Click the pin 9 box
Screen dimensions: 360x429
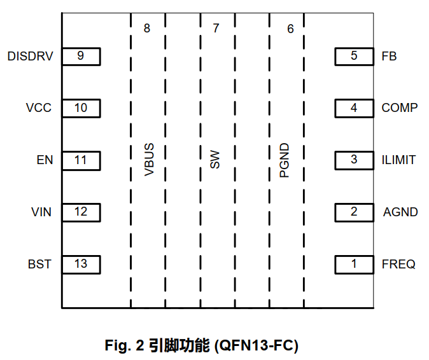81,56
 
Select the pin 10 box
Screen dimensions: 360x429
81,108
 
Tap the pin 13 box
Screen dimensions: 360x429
81,263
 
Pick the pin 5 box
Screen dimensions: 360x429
354,56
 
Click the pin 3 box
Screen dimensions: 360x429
354,160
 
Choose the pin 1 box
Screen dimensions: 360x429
354,263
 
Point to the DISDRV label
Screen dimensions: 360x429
30,56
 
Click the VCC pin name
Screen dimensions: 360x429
39,108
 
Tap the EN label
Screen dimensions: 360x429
45,160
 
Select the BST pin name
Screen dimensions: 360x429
39,263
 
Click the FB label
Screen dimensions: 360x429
389,56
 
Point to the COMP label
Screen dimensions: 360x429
400,108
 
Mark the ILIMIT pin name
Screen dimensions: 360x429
398,160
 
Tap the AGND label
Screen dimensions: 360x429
400,212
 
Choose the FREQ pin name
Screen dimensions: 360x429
398,263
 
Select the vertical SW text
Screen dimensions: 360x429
215,160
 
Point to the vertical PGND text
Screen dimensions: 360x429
285,160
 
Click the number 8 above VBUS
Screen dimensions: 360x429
147,29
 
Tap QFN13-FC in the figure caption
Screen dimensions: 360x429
257,346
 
